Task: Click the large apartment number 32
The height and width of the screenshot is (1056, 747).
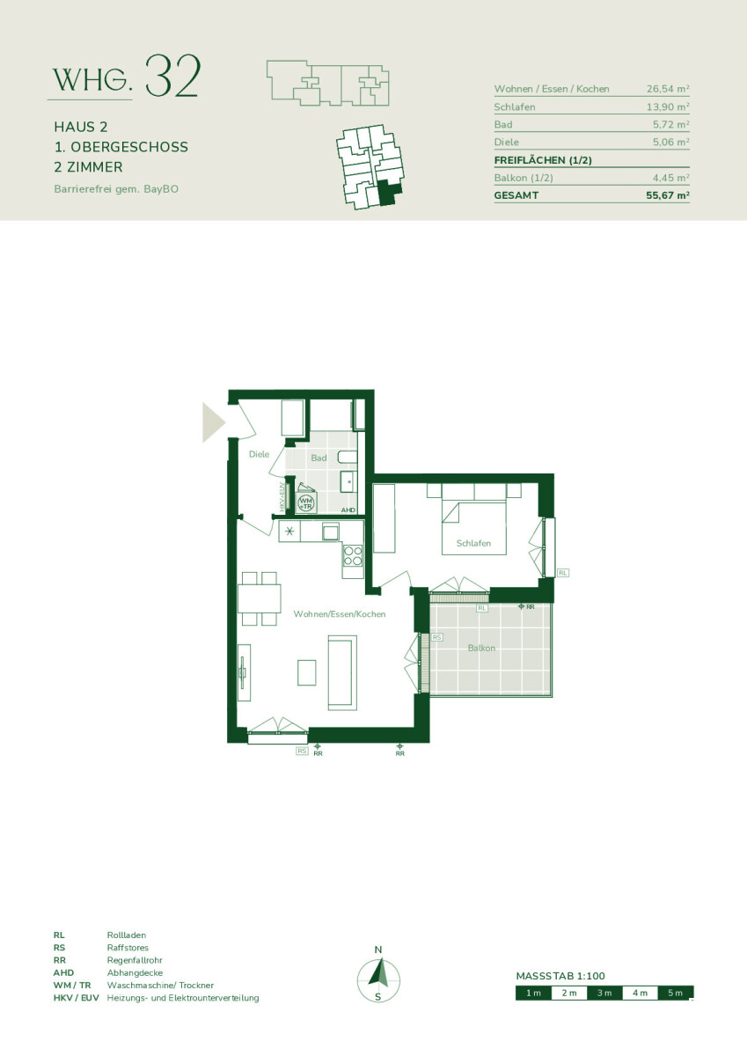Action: click(173, 77)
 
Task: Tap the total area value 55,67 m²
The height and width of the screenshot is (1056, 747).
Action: click(667, 195)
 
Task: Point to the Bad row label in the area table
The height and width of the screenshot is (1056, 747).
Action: click(503, 124)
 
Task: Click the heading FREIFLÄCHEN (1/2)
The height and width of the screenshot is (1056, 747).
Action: click(543, 160)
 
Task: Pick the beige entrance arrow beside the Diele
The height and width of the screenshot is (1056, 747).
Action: click(214, 422)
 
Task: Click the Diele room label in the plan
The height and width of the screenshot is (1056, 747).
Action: click(260, 454)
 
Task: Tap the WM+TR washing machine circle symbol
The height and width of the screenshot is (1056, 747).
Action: click(306, 503)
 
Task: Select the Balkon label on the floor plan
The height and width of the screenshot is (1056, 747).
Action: click(481, 648)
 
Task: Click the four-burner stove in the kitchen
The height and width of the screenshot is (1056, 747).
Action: click(353, 555)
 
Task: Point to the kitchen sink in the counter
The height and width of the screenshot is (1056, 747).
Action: click(330, 532)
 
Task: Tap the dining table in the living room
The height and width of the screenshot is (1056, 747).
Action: click(260, 598)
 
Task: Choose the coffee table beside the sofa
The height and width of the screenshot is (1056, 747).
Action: click(306, 672)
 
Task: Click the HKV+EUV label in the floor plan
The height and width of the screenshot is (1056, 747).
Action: click(282, 496)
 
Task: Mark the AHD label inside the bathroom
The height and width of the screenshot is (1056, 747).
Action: click(348, 510)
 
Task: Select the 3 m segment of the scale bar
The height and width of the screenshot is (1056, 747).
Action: click(604, 993)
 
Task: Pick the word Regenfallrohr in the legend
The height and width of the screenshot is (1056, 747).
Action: click(135, 960)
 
